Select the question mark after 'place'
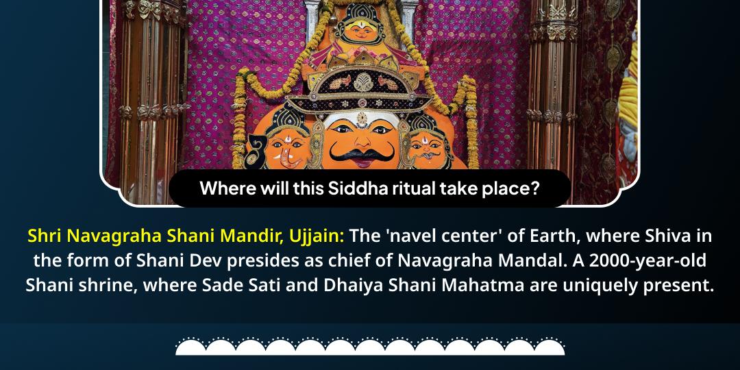coord(534,188)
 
